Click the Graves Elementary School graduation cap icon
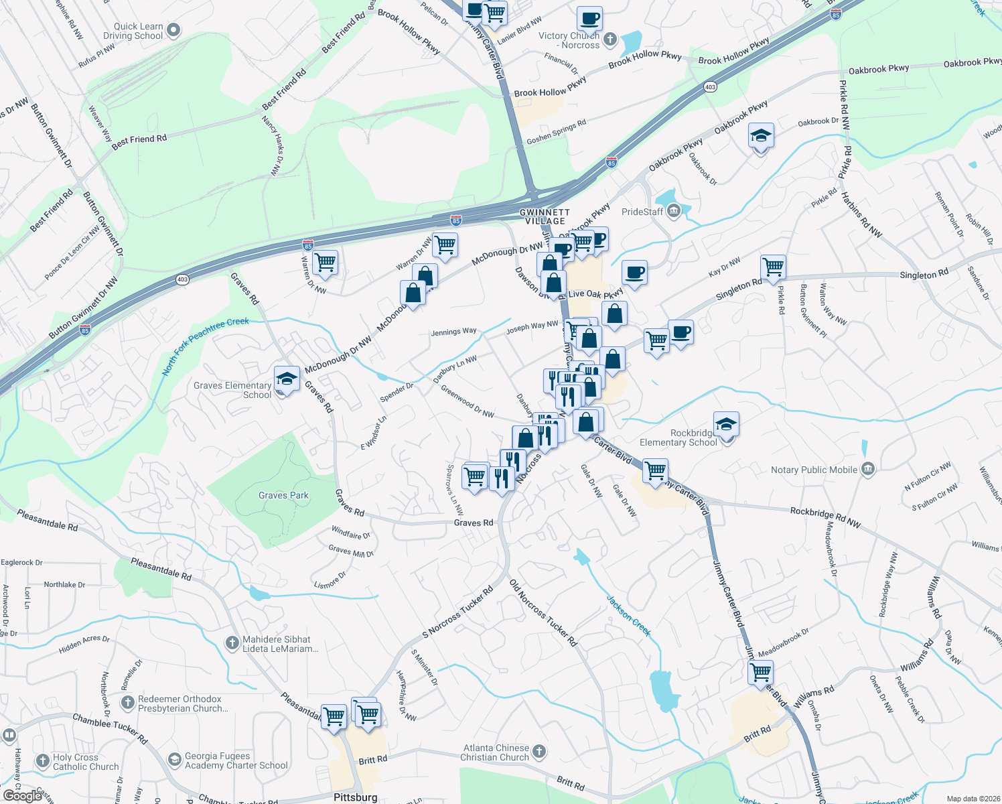(287, 379)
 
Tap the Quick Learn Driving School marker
(173, 29)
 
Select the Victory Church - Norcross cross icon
(610, 39)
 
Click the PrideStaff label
(642, 212)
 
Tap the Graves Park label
(283, 496)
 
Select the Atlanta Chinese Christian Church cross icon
(539, 751)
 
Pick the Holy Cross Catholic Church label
(86, 762)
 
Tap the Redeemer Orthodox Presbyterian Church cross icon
(127, 703)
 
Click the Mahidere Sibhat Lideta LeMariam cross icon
(232, 643)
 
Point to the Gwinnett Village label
(545, 216)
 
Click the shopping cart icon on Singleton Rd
(773, 266)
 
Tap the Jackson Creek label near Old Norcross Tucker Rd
(628, 614)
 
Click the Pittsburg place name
(355, 797)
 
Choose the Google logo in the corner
(23, 796)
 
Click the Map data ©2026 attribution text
(971, 799)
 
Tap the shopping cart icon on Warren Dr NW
(325, 262)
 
